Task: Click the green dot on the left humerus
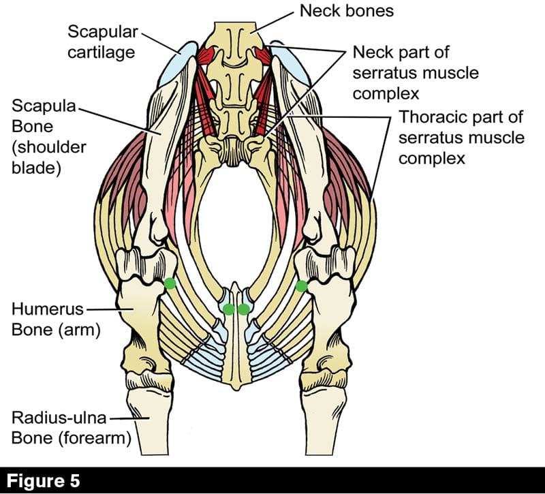click(x=170, y=283)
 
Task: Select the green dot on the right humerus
click(x=301, y=285)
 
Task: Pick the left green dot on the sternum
click(x=228, y=309)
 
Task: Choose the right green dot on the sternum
click(x=244, y=309)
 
